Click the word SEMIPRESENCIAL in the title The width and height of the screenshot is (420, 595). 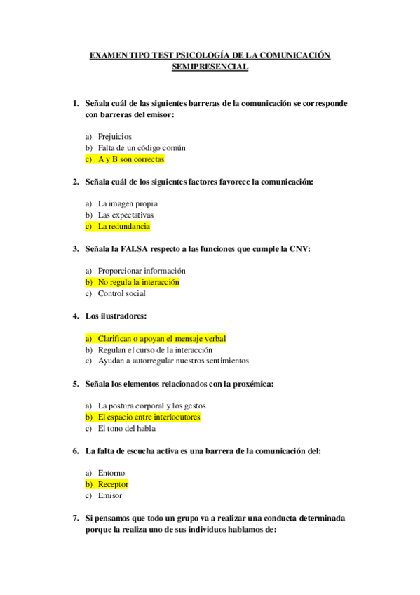pyautogui.click(x=210, y=67)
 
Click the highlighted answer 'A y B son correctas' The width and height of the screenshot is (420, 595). pyautogui.click(x=130, y=159)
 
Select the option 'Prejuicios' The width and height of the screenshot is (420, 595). pyautogui.click(x=114, y=137)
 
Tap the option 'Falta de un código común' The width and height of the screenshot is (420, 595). pyautogui.click(x=141, y=148)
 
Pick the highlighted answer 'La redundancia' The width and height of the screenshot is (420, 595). pyautogui.click(x=123, y=227)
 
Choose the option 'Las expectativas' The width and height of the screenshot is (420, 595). pyautogui.click(x=126, y=215)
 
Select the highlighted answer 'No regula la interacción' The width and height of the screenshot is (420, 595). pyautogui.click(x=138, y=282)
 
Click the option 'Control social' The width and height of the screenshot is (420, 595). pyautogui.click(x=121, y=293)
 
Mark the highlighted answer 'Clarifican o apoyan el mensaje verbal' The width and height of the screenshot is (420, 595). pyautogui.click(x=161, y=338)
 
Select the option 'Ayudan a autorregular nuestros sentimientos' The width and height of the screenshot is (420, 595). pyautogui.click(x=172, y=361)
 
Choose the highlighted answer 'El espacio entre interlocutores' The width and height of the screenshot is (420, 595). pyautogui.click(x=149, y=417)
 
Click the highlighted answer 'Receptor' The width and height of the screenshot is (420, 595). pyautogui.click(x=113, y=484)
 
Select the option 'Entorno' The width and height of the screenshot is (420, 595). pyautogui.click(x=111, y=473)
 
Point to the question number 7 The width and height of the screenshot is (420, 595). pyautogui.click(x=76, y=518)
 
